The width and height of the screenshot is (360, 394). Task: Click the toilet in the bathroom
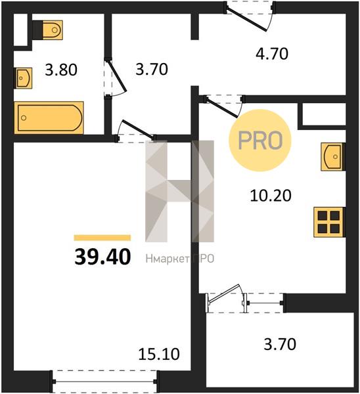click(x=47, y=30)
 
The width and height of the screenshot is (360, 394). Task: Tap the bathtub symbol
click(x=49, y=118)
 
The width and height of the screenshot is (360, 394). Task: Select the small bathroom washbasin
click(x=23, y=78)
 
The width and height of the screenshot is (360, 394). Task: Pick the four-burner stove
click(x=329, y=222)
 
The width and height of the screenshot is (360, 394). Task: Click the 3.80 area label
click(x=61, y=70)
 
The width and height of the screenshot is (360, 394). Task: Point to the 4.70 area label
click(x=272, y=54)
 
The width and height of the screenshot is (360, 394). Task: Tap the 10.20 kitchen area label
click(x=271, y=196)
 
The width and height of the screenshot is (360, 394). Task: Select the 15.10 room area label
click(x=159, y=354)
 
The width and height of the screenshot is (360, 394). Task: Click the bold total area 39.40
click(x=102, y=257)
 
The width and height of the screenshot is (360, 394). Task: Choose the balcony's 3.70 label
click(x=280, y=344)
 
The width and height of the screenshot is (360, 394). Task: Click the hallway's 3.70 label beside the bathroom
click(x=152, y=70)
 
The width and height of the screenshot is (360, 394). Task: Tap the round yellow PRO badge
click(x=260, y=141)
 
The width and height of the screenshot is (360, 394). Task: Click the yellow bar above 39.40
click(x=102, y=238)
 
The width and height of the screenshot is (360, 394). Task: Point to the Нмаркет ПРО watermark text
click(x=180, y=259)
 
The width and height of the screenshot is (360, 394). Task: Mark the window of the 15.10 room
click(x=104, y=382)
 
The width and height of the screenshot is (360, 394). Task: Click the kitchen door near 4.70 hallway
click(x=221, y=108)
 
